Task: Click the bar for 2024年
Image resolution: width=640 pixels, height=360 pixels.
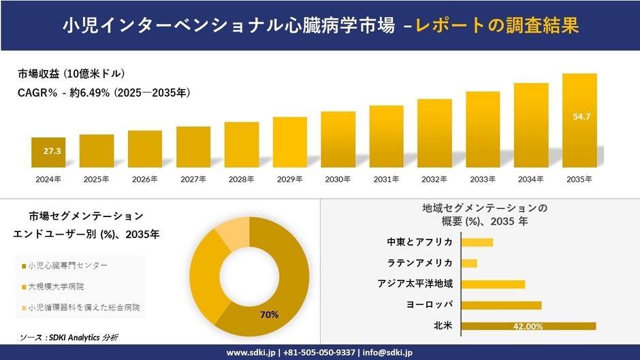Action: coord(48,152)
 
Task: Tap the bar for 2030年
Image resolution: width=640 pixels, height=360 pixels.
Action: coord(338,140)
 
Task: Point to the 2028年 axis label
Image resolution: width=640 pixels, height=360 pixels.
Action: coord(241,179)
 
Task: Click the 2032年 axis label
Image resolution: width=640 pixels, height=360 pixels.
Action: coord(434,179)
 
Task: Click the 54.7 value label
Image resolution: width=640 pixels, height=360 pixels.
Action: coord(581,117)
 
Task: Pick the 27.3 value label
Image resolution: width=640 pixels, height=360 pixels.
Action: coord(52,150)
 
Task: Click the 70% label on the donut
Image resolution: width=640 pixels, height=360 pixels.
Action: coord(268,314)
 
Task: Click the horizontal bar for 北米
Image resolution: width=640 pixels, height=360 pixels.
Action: coord(528,326)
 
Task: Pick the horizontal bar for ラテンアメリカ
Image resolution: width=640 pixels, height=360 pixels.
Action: coord(469,263)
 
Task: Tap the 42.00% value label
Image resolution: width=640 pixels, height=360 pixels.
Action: coord(528,327)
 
